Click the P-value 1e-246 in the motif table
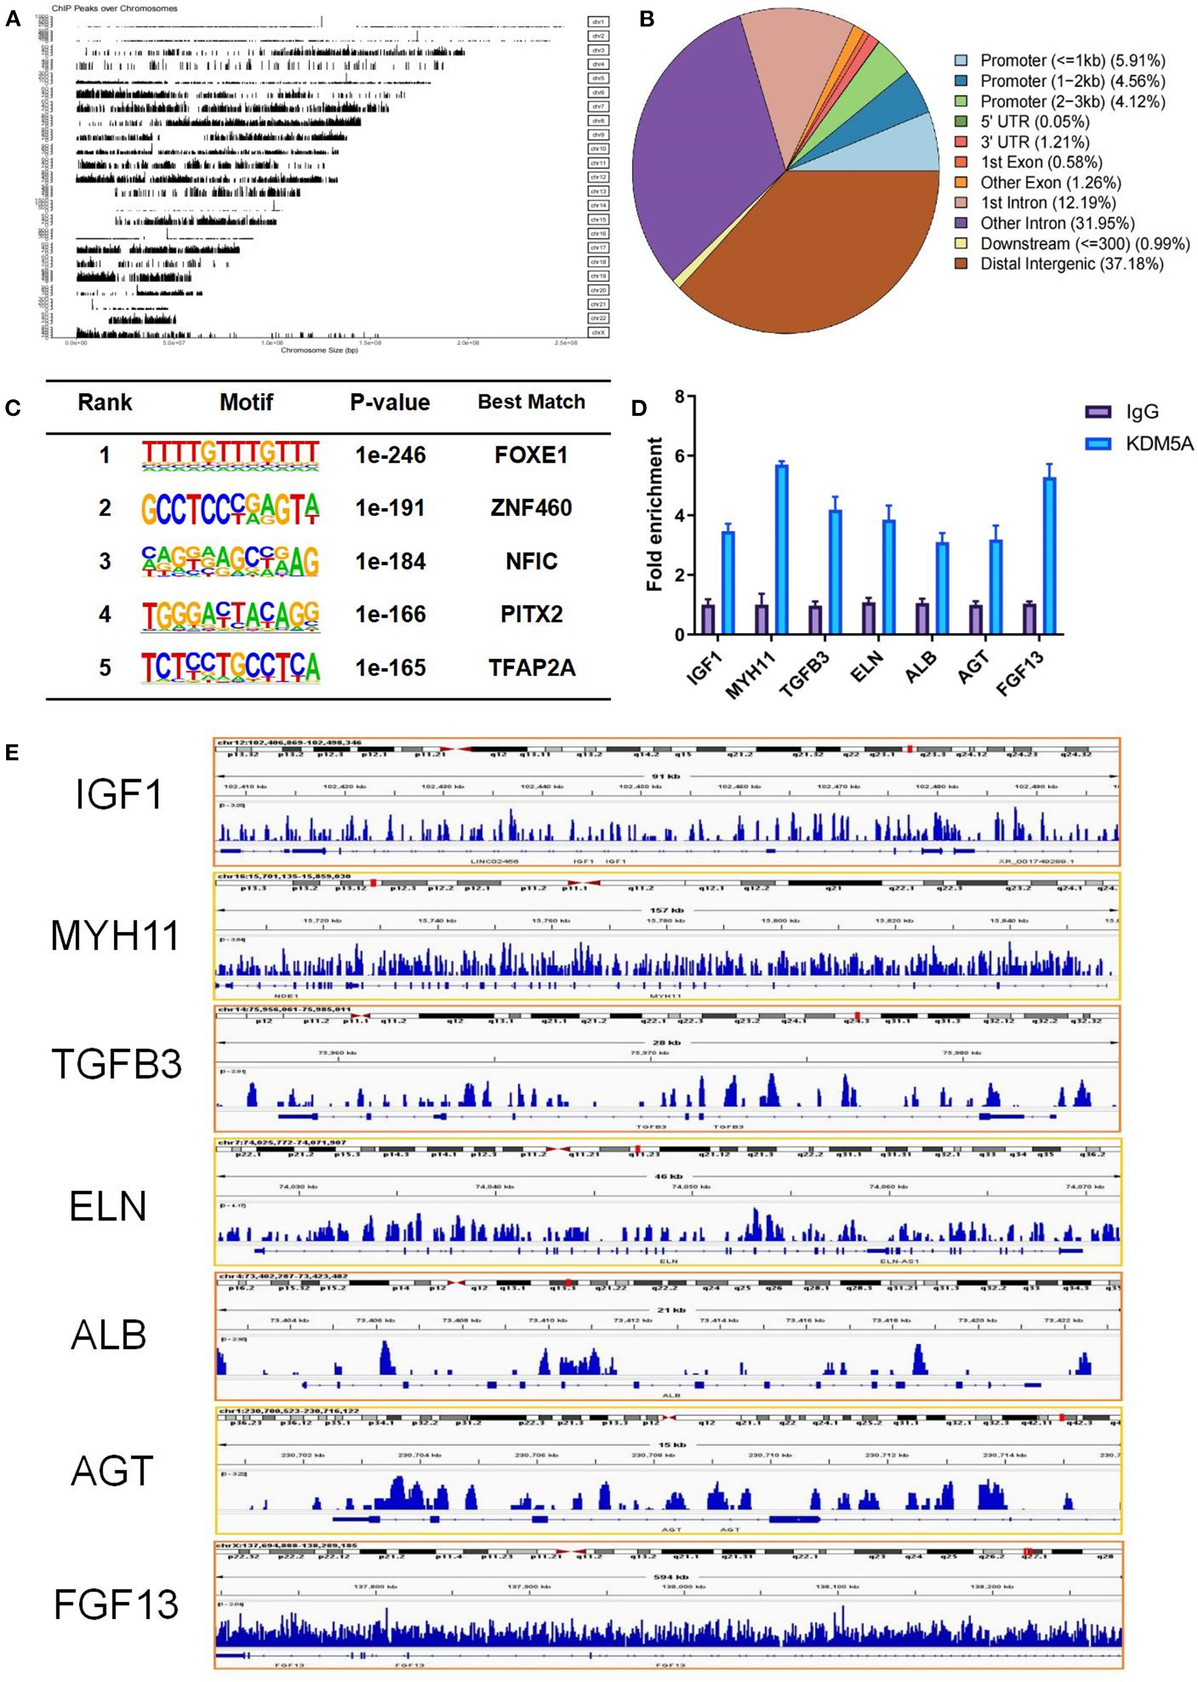point(391,455)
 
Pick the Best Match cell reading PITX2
point(531,614)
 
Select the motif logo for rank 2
point(231,508)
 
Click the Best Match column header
point(531,402)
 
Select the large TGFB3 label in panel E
point(117,1065)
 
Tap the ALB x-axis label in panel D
point(919,668)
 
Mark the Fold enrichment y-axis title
point(654,515)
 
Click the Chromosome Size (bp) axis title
point(319,350)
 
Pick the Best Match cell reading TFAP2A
point(531,667)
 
